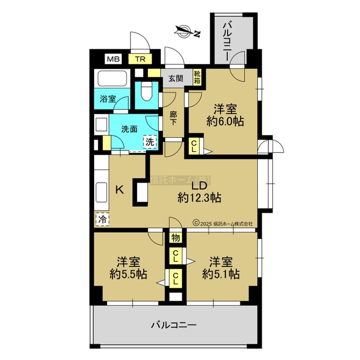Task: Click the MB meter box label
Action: click(113, 59)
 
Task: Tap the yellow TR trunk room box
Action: click(140, 59)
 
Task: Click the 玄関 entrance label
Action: click(175, 78)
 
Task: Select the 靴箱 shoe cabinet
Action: click(197, 77)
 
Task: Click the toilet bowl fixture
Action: click(147, 91)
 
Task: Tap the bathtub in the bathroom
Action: click(112, 78)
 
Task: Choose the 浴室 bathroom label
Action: click(108, 99)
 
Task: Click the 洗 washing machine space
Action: click(150, 142)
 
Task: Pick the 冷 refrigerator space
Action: click(102, 220)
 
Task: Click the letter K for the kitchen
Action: click(119, 190)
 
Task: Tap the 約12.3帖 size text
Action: click(199, 198)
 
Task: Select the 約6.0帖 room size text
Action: click(225, 121)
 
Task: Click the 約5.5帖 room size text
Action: click(128, 274)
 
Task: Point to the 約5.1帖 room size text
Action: click(221, 274)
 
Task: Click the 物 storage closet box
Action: click(175, 238)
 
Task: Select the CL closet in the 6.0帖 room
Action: click(194, 146)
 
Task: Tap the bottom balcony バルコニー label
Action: click(174, 325)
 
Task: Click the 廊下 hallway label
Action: click(173, 118)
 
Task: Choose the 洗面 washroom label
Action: click(129, 129)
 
